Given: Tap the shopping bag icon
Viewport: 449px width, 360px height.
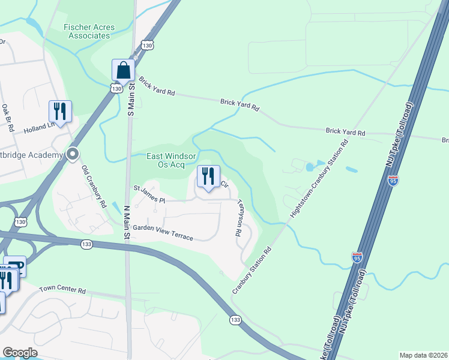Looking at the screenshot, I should (123, 70).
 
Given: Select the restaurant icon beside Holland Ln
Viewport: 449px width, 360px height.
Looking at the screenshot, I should (60, 111).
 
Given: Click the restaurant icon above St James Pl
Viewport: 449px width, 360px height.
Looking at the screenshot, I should (208, 176).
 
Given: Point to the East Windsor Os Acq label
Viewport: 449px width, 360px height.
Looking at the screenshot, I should (166, 160).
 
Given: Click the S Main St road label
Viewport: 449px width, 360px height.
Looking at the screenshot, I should (130, 96).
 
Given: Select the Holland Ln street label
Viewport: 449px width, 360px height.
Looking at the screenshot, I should (39, 128).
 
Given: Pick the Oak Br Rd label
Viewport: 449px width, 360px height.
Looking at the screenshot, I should (8, 118).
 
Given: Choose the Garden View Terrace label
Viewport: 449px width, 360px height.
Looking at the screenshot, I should (163, 233).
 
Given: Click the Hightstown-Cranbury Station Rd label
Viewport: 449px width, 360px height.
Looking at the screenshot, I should (319, 178).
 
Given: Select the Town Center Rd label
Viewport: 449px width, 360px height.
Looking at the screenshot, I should (62, 290).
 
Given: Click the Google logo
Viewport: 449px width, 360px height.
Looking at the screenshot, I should (19, 353).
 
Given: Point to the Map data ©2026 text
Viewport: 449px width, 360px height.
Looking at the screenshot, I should (423, 355).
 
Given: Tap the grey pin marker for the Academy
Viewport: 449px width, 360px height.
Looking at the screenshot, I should (73, 154).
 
